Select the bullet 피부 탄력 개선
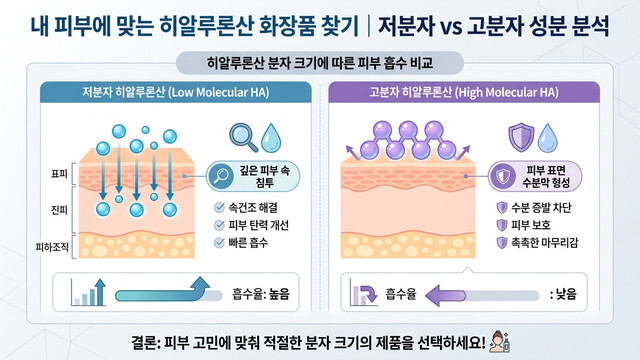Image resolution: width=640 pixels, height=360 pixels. tap(262, 225)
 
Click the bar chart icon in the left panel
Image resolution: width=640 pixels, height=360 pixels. tap(90, 293)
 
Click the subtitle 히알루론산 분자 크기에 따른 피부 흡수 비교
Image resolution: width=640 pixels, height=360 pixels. tap(319, 63)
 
